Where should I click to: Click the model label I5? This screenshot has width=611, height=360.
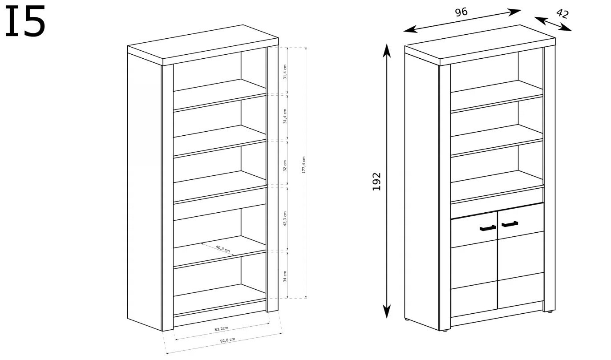[25, 22]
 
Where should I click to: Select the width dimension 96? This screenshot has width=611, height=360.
[461, 12]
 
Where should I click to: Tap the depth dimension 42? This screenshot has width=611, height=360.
[562, 13]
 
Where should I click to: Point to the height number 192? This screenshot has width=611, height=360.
[377, 181]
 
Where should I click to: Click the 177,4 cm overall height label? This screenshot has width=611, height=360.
[303, 165]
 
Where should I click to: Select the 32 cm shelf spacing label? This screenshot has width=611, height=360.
[285, 166]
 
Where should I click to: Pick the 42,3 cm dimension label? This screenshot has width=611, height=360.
[285, 219]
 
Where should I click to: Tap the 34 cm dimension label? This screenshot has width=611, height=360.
[285, 276]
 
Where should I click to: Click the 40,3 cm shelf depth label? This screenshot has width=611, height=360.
[223, 248]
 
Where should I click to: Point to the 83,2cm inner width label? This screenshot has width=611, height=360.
[221, 329]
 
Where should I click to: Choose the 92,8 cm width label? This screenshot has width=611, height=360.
[227, 340]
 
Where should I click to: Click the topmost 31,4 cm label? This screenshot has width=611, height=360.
[285, 72]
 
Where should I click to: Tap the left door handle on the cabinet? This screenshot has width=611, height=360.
[488, 228]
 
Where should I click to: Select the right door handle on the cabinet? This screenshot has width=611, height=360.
[510, 223]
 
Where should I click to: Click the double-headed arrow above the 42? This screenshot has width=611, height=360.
[553, 24]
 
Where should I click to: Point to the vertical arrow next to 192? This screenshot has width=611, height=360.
[387, 181]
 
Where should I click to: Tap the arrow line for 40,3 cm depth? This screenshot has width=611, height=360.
[217, 249]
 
